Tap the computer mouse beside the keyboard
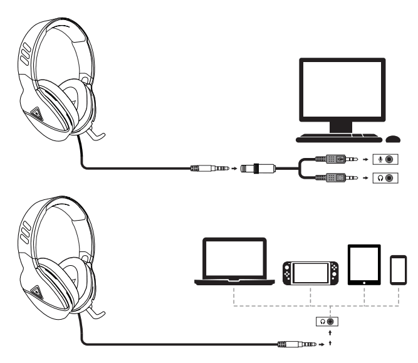click(394, 138)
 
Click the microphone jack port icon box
click(384, 160)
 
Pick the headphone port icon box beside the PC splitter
click(384, 178)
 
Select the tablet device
click(364, 266)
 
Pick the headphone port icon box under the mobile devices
click(327, 322)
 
